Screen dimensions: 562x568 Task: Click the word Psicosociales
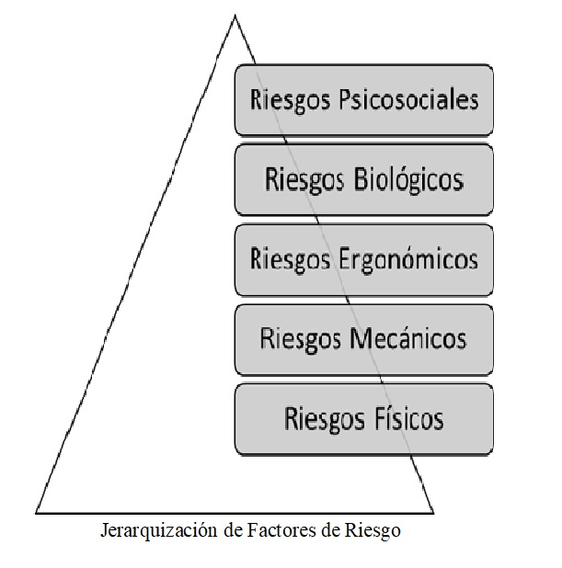tap(408, 100)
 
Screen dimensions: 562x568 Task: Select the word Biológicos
tap(408, 179)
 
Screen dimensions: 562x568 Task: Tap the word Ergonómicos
tap(408, 259)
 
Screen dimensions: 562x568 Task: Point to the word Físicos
tap(404, 418)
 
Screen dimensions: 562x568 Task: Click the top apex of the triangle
tap(235, 15)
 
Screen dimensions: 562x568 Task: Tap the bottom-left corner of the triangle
tap(36, 513)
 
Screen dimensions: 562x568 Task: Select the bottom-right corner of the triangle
tap(433, 513)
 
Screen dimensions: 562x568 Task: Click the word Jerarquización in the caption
tap(159, 531)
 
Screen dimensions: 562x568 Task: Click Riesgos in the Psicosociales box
tap(290, 100)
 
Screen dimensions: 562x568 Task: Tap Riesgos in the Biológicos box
tap(304, 180)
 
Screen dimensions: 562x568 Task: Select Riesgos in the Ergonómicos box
tap(290, 260)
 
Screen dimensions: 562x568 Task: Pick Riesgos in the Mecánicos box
tap(300, 340)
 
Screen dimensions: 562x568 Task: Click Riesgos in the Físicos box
tap(324, 419)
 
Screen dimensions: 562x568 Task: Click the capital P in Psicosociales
tap(346, 98)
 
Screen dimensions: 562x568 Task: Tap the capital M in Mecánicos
tap(360, 339)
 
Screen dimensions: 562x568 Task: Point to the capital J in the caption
tap(104, 530)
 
